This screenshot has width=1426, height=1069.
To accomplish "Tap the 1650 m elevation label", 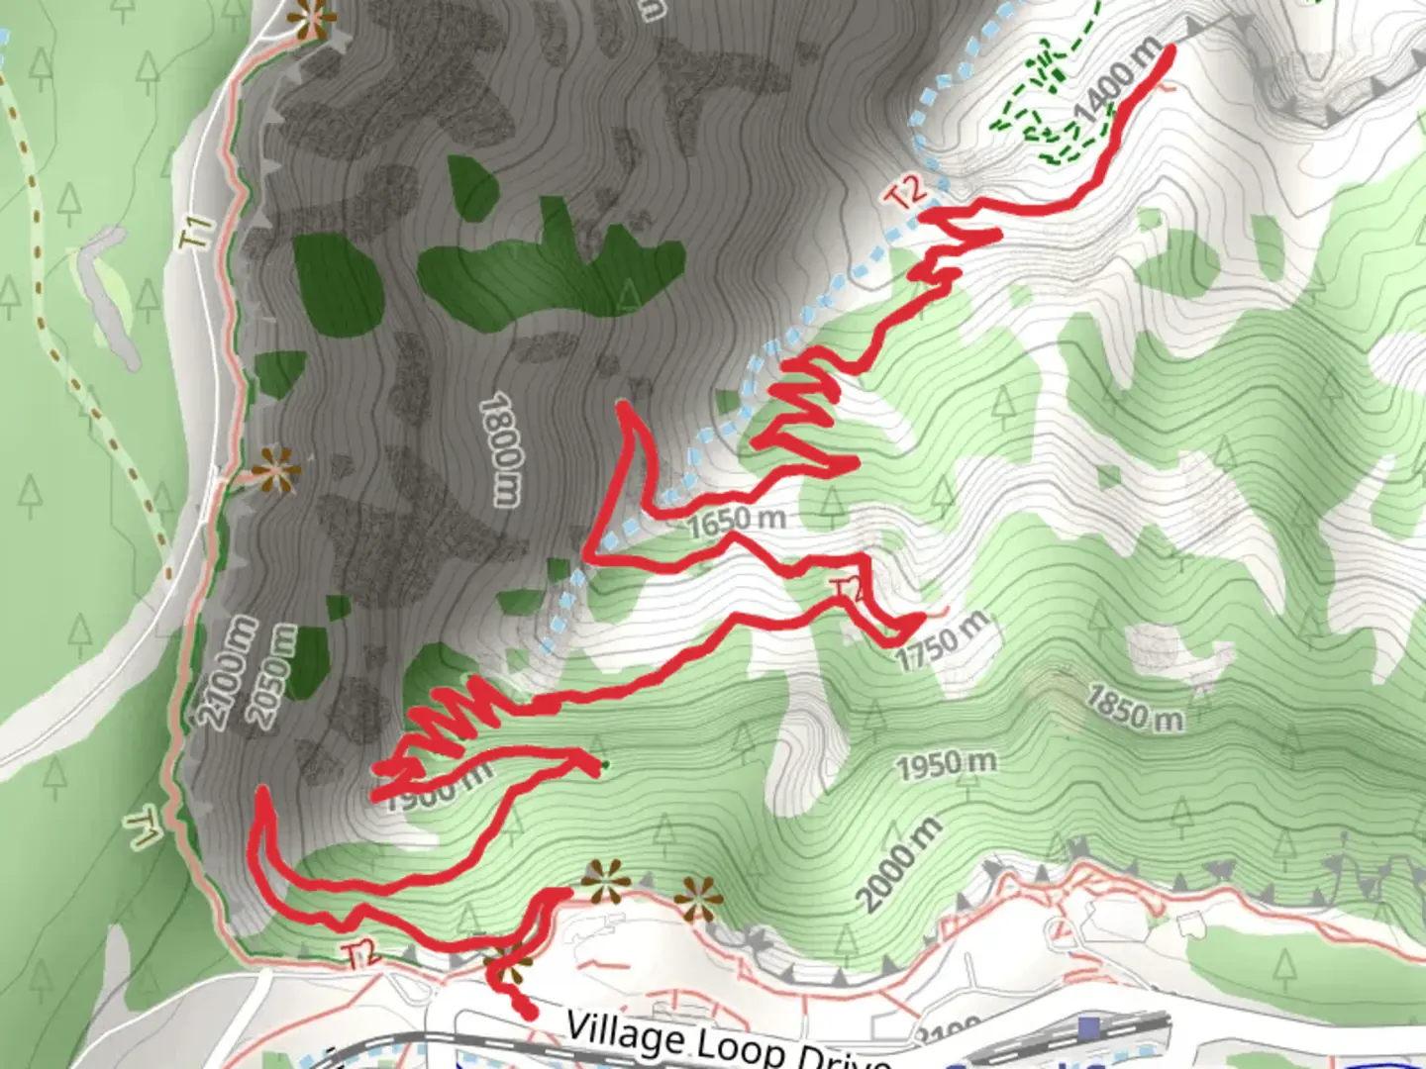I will (737, 521).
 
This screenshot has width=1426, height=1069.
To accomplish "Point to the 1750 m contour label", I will (943, 641).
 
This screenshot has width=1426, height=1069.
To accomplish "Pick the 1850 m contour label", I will (1134, 709).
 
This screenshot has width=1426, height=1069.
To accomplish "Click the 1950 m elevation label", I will (946, 764).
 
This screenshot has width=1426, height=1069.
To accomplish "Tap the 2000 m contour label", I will (898, 863).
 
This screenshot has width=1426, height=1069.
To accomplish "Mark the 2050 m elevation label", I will (276, 675).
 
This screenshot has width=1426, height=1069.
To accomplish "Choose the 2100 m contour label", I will (230, 671).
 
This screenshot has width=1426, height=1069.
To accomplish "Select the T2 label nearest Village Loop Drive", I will (363, 955).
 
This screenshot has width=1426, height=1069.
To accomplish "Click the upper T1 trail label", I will (199, 232).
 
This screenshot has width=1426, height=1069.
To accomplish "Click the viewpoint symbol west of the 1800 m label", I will (275, 470).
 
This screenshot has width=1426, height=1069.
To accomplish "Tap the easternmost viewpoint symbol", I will (698, 900).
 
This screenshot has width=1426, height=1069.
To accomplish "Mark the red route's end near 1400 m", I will (1172, 49).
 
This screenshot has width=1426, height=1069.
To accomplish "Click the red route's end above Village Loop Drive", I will (531, 1013).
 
